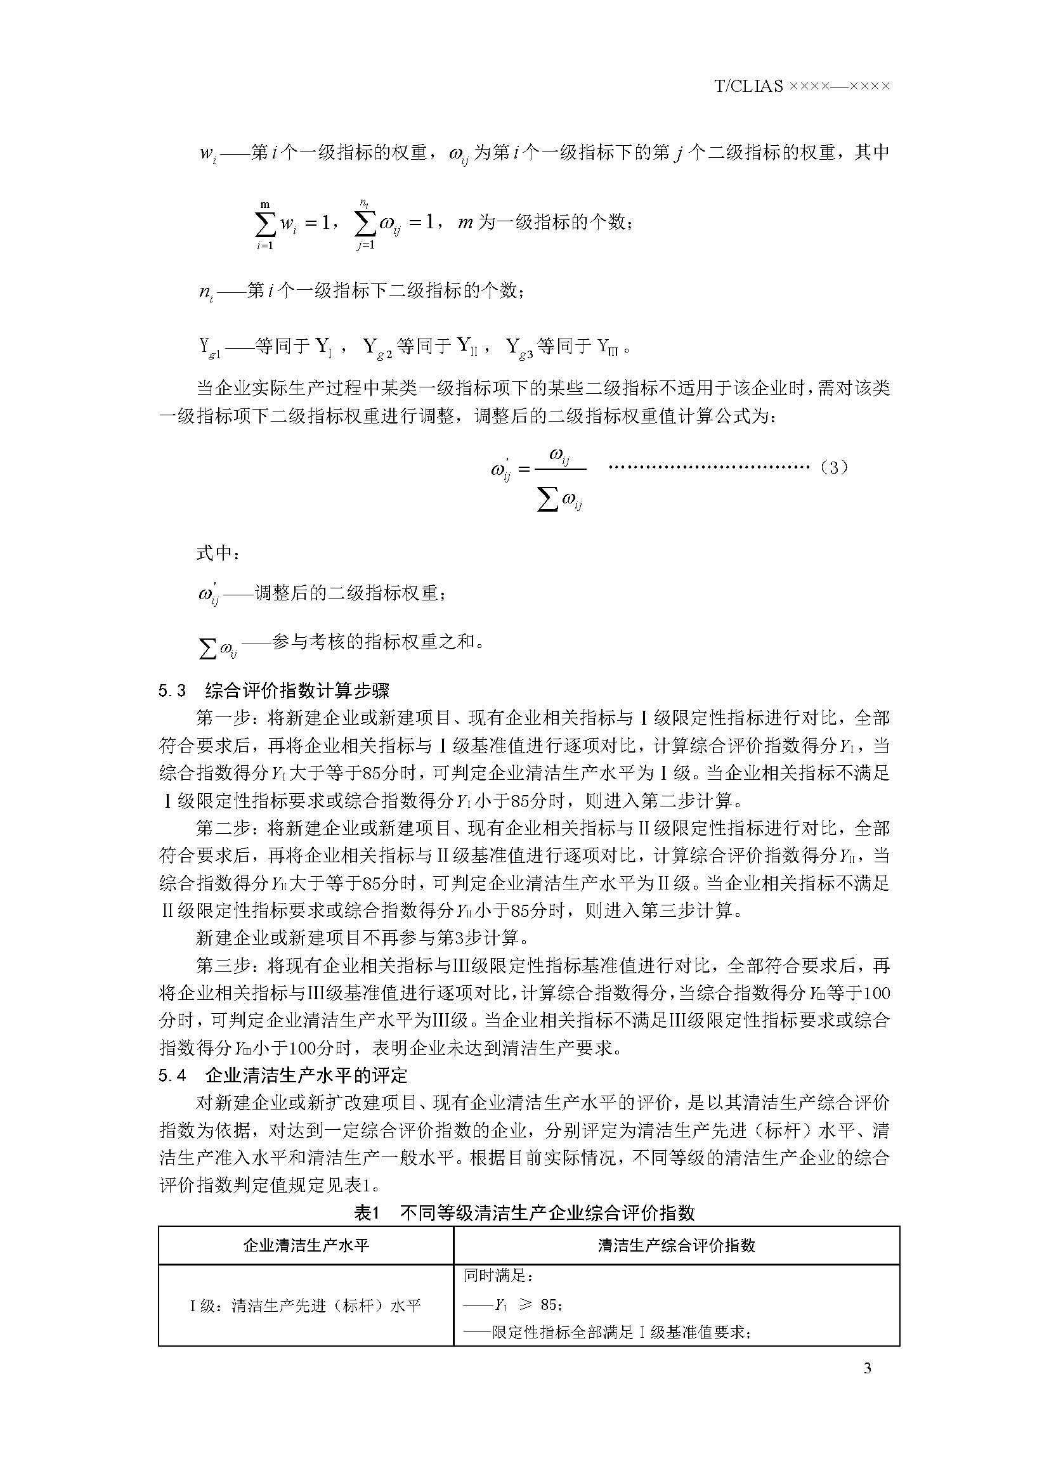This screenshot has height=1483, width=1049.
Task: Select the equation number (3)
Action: [x=833, y=467]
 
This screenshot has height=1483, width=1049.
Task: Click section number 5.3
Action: [x=172, y=691]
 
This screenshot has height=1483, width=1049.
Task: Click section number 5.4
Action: [x=172, y=1075]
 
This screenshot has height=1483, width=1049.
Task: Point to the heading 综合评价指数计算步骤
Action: [x=297, y=691]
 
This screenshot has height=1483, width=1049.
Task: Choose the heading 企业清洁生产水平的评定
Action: [x=306, y=1075]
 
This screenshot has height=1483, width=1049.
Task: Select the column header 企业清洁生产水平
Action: [x=306, y=1245]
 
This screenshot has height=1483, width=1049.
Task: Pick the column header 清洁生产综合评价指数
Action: [x=676, y=1245]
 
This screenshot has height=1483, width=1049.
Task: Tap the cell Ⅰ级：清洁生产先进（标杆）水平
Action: [x=306, y=1306]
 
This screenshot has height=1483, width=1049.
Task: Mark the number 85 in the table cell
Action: [x=549, y=1305]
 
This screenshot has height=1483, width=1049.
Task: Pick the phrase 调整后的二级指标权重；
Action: [x=349, y=592]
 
